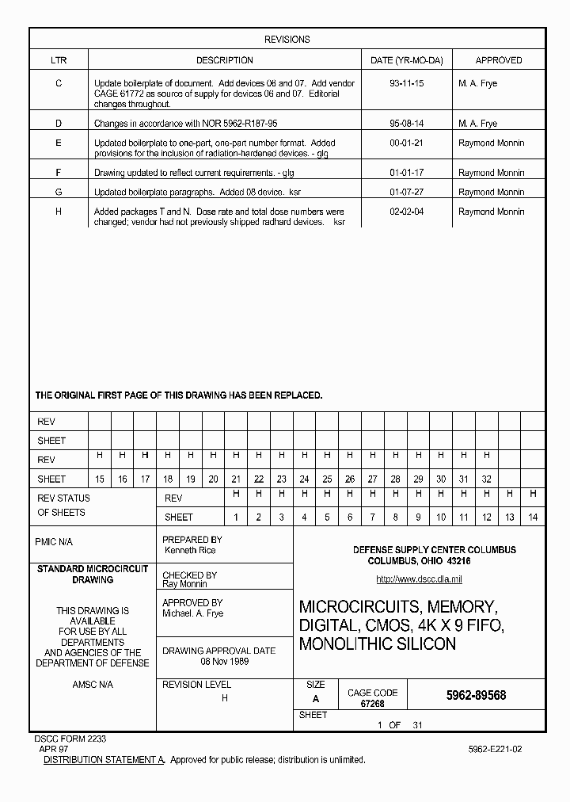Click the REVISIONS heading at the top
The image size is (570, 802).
[x=287, y=40]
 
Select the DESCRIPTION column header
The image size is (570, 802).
[x=225, y=60]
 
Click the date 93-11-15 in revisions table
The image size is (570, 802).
[x=407, y=83]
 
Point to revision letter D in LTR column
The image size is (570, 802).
[x=59, y=124]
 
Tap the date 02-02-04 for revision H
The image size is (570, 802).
[x=407, y=212]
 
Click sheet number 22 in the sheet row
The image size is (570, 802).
[x=258, y=479]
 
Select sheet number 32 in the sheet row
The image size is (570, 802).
[x=487, y=479]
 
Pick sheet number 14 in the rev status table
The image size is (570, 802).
[x=533, y=517]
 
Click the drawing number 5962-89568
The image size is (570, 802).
[x=476, y=695]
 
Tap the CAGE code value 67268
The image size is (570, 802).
[x=372, y=704]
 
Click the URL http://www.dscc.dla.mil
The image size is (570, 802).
[x=419, y=579]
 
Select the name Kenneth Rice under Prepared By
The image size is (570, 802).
[x=190, y=550]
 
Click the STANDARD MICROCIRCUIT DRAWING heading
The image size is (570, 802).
[x=93, y=575]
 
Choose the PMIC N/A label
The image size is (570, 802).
[x=54, y=542]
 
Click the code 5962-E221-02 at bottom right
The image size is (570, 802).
[x=495, y=749]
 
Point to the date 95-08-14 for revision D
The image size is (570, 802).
[x=407, y=124]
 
